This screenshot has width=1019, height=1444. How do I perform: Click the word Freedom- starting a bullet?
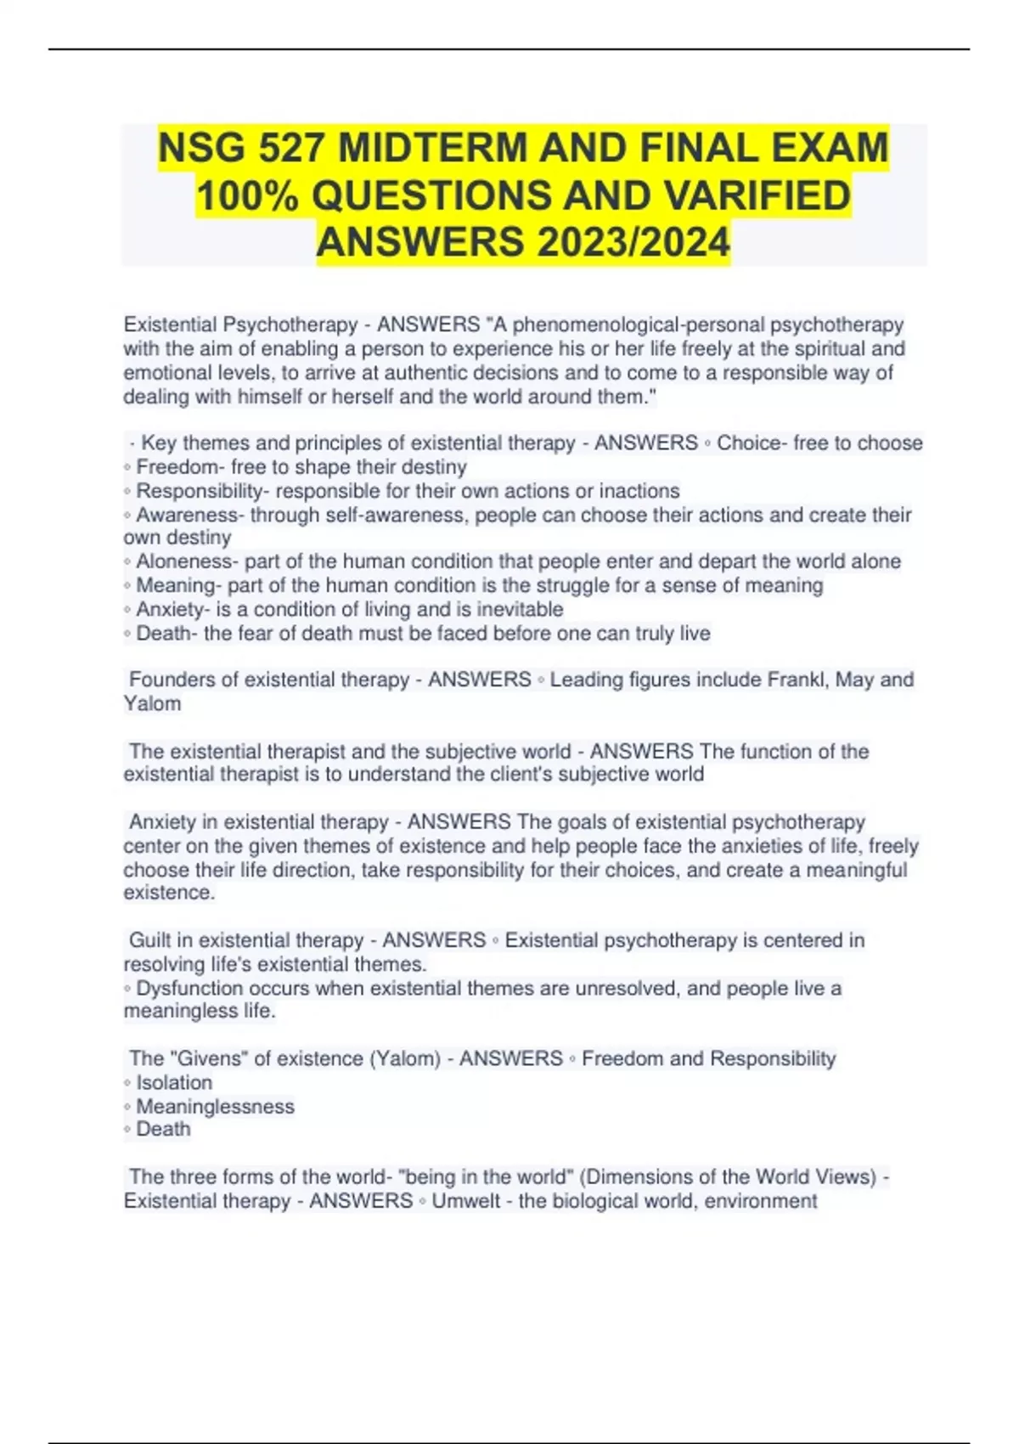click(x=177, y=467)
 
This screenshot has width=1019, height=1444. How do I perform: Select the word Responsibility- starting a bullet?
click(x=202, y=491)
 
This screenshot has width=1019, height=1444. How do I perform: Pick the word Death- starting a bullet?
click(x=166, y=633)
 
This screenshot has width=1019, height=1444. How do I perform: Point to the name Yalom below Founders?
click(x=152, y=703)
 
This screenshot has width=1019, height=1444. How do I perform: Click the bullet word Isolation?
click(x=174, y=1082)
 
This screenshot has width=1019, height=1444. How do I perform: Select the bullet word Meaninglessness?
click(x=215, y=1106)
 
